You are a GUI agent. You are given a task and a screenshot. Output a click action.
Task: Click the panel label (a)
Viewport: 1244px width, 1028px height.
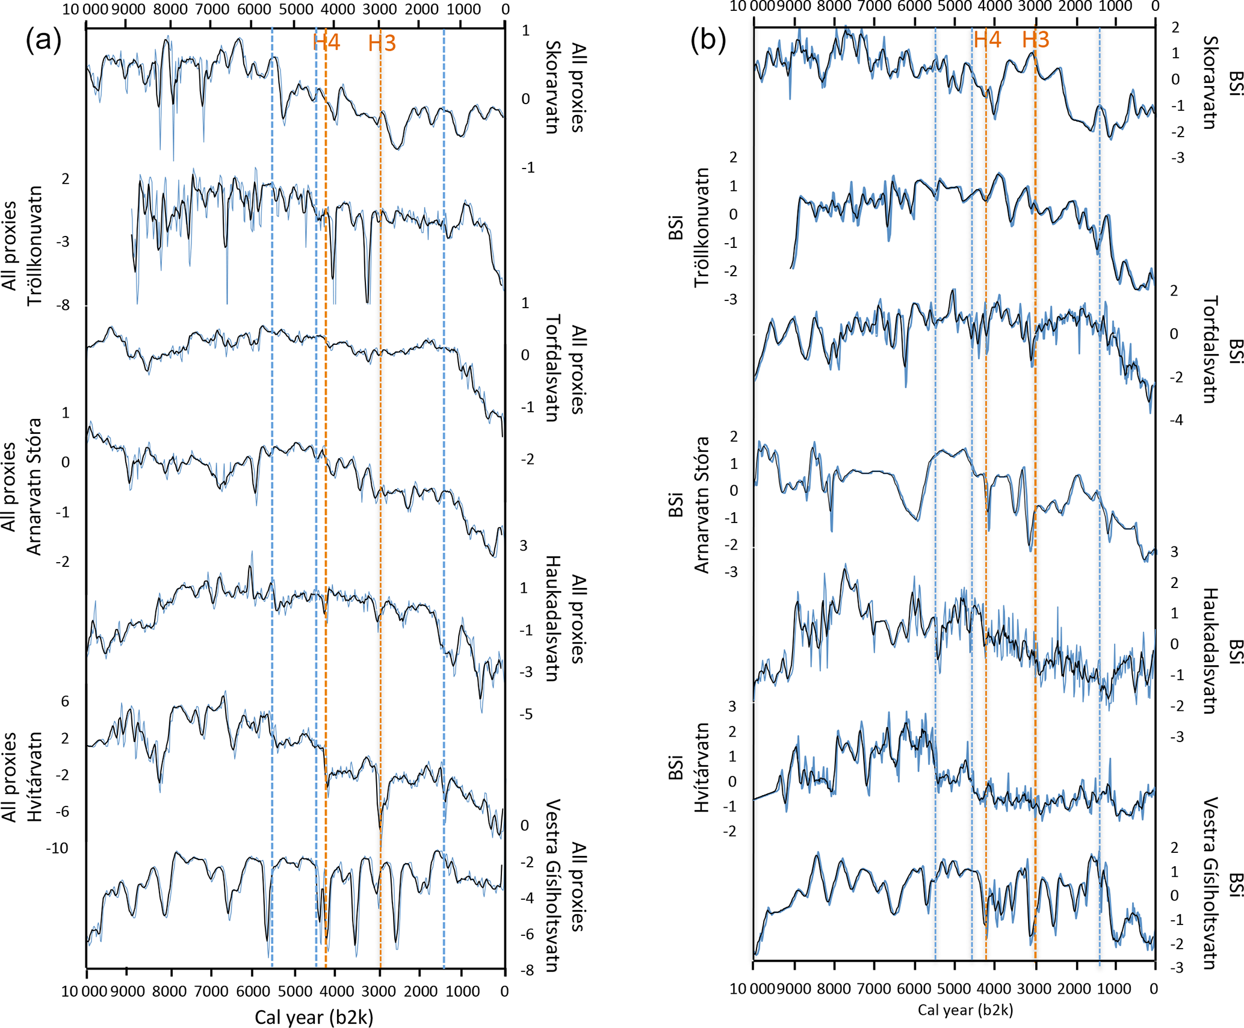click(43, 40)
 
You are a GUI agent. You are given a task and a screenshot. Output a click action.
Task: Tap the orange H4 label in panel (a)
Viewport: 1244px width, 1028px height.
click(327, 42)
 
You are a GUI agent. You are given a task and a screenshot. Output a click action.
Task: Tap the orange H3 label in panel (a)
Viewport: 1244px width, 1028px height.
click(382, 43)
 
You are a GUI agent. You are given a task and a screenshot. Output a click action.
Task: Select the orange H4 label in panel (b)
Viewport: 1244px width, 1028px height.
click(987, 40)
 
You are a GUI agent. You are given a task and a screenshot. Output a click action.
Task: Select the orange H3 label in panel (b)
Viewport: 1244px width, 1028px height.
click(1035, 40)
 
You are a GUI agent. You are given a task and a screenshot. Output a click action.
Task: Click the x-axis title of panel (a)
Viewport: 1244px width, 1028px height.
click(314, 1017)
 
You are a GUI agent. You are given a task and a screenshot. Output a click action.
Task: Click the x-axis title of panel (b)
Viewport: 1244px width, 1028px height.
click(965, 1010)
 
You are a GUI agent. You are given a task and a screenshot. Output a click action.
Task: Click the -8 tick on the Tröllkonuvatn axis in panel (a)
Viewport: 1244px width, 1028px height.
click(63, 305)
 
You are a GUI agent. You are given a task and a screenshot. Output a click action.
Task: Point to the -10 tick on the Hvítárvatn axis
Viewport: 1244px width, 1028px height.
click(57, 848)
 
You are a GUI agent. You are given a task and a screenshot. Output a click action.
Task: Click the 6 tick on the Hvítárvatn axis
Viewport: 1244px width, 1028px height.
click(65, 701)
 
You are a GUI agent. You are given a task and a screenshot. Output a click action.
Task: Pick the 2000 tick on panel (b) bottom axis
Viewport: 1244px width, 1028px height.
click(1074, 989)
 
